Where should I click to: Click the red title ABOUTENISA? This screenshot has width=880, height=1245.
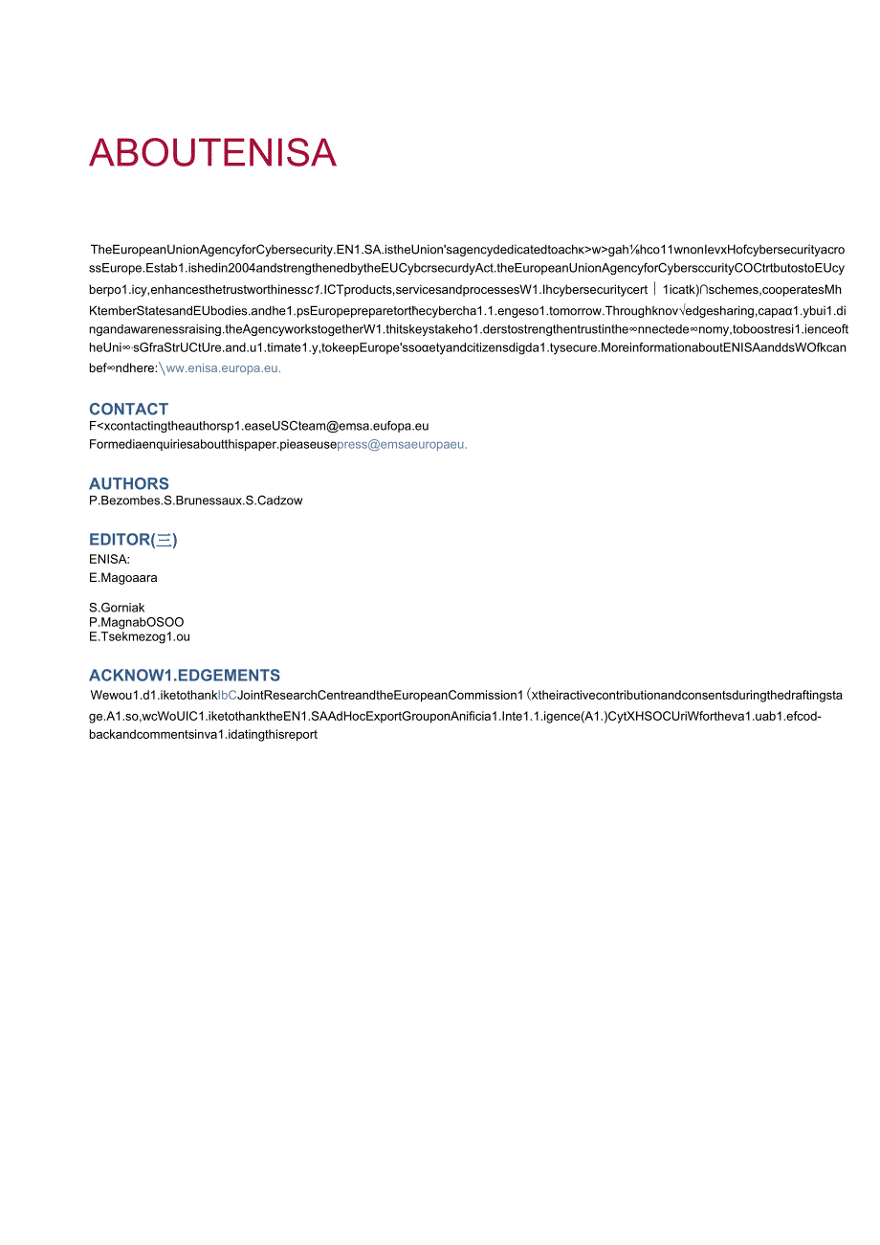tap(212, 153)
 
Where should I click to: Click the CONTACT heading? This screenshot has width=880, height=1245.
tap(128, 409)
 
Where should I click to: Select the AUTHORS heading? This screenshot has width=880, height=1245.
tap(129, 483)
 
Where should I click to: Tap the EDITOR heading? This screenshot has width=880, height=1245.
tap(133, 540)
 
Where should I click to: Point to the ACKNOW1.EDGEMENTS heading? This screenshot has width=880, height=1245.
tap(185, 675)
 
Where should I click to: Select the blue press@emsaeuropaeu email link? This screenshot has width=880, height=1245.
tap(402, 444)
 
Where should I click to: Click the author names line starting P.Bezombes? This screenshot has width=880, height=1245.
tap(195, 500)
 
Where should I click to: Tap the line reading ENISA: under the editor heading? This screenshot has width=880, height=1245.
tap(109, 559)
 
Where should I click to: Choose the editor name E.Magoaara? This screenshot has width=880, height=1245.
tap(123, 578)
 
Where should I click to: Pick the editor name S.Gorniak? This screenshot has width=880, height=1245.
tap(117, 608)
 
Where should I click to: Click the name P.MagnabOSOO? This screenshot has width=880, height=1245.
tap(136, 622)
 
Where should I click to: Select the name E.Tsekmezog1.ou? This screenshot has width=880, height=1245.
tap(139, 636)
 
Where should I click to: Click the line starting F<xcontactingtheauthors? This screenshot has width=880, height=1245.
tap(258, 426)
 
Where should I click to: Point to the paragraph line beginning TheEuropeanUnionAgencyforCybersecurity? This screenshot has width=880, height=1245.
tap(468, 250)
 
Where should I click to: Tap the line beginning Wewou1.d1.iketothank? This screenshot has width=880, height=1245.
tap(467, 695)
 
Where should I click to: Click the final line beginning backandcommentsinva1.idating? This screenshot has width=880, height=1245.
tap(204, 735)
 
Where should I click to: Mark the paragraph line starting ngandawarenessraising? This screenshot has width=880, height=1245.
tap(468, 328)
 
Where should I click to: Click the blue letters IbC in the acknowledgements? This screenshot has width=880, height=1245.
tap(228, 695)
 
